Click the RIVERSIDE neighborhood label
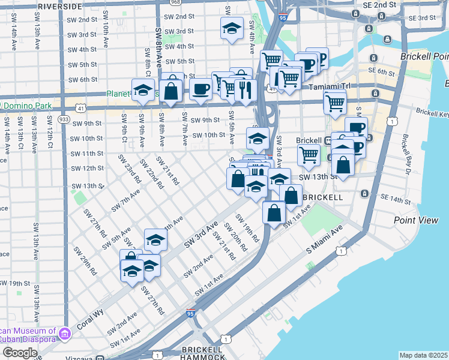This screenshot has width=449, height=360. (59, 5)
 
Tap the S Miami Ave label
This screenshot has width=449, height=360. (324, 239)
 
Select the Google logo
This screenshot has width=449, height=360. (20, 352)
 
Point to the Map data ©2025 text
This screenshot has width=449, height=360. (423, 355)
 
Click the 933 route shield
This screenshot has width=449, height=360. (64, 119)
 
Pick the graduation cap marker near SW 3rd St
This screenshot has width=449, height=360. (231, 29)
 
